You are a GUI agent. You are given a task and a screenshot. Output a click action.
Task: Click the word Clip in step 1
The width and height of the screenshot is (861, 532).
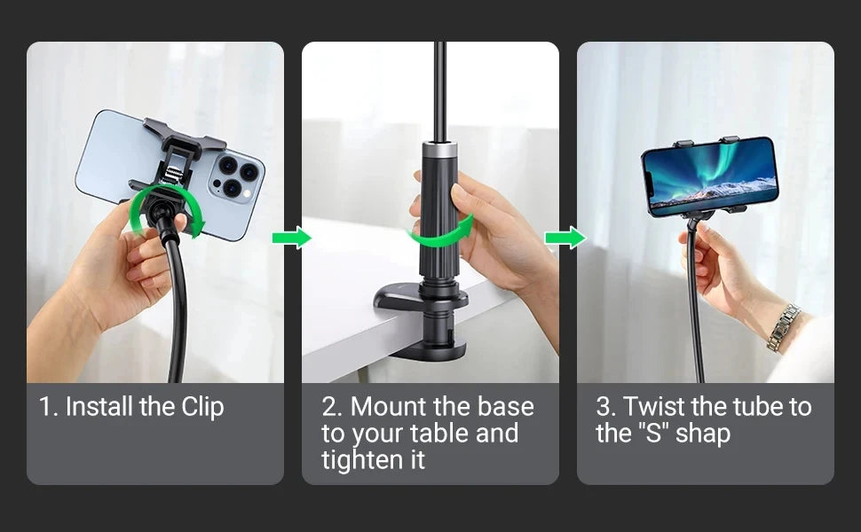click(203, 408)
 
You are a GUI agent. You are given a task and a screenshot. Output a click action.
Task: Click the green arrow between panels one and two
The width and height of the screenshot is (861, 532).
click(292, 238)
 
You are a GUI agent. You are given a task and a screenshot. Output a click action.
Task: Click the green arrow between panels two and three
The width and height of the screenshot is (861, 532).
click(565, 238)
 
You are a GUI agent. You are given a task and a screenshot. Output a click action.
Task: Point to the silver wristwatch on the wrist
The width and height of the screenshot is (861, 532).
click(783, 327)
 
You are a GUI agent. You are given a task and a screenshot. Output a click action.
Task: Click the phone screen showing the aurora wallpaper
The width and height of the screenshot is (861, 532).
click(709, 175)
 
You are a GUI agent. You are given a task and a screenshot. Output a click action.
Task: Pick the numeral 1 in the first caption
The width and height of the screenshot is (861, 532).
click(45, 408)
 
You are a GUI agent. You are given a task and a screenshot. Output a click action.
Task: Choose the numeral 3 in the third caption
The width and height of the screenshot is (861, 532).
click(604, 408)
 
